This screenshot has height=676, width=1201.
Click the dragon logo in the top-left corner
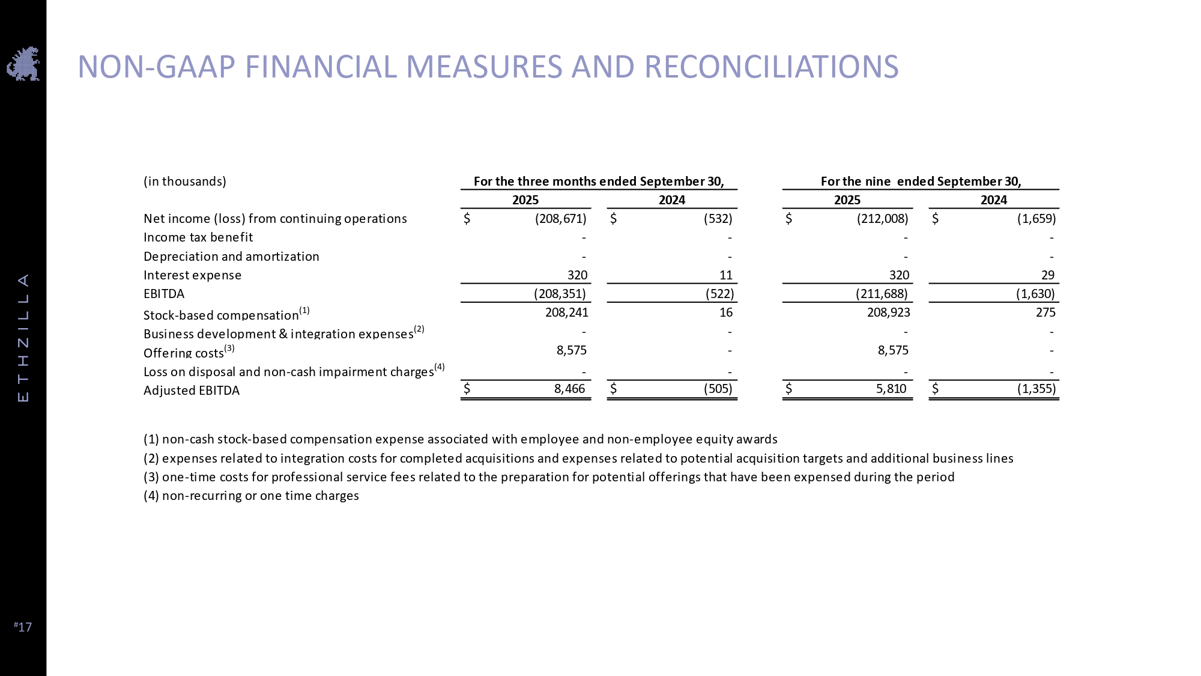pyautogui.click(x=23, y=64)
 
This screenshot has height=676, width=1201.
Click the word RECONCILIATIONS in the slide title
pyautogui.click(x=771, y=67)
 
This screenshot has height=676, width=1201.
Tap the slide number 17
pyautogui.click(x=23, y=627)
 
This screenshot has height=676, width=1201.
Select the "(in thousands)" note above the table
pyautogui.click(x=185, y=181)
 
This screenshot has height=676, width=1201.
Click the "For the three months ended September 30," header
pyautogui.click(x=599, y=181)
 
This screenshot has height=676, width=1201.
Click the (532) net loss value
pyautogui.click(x=718, y=219)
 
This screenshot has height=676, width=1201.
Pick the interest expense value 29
pyautogui.click(x=1047, y=275)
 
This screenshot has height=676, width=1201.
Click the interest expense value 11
pyautogui.click(x=725, y=275)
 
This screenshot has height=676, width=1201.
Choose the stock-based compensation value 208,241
pyautogui.click(x=566, y=312)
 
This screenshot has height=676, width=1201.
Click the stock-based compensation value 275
pyautogui.click(x=1045, y=312)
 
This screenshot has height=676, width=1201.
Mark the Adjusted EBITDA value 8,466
pyautogui.click(x=569, y=389)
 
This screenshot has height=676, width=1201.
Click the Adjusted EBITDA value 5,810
pyautogui.click(x=891, y=389)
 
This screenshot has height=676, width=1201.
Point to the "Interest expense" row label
pyautogui.click(x=192, y=275)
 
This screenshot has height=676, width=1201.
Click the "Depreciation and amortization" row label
pyautogui.click(x=231, y=257)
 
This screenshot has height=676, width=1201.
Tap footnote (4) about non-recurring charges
pyautogui.click(x=251, y=496)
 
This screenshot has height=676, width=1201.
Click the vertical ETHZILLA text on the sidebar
pyautogui.click(x=23, y=338)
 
